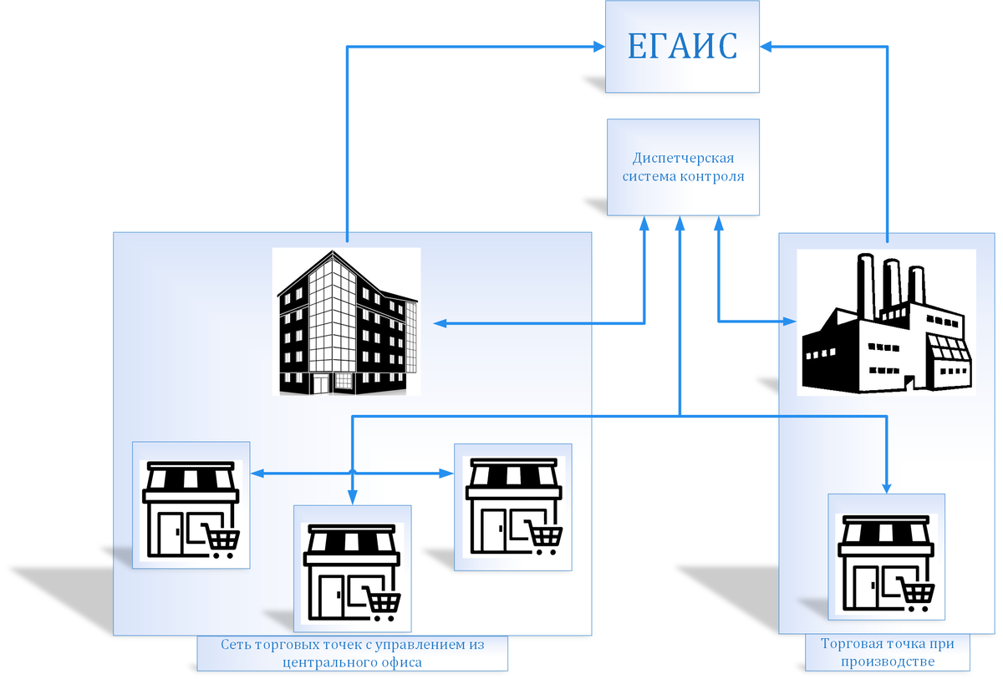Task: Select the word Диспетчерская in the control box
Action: click(x=683, y=158)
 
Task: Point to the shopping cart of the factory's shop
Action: click(x=918, y=594)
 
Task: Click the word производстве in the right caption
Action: click(x=887, y=661)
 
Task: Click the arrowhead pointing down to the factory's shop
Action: click(x=887, y=487)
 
